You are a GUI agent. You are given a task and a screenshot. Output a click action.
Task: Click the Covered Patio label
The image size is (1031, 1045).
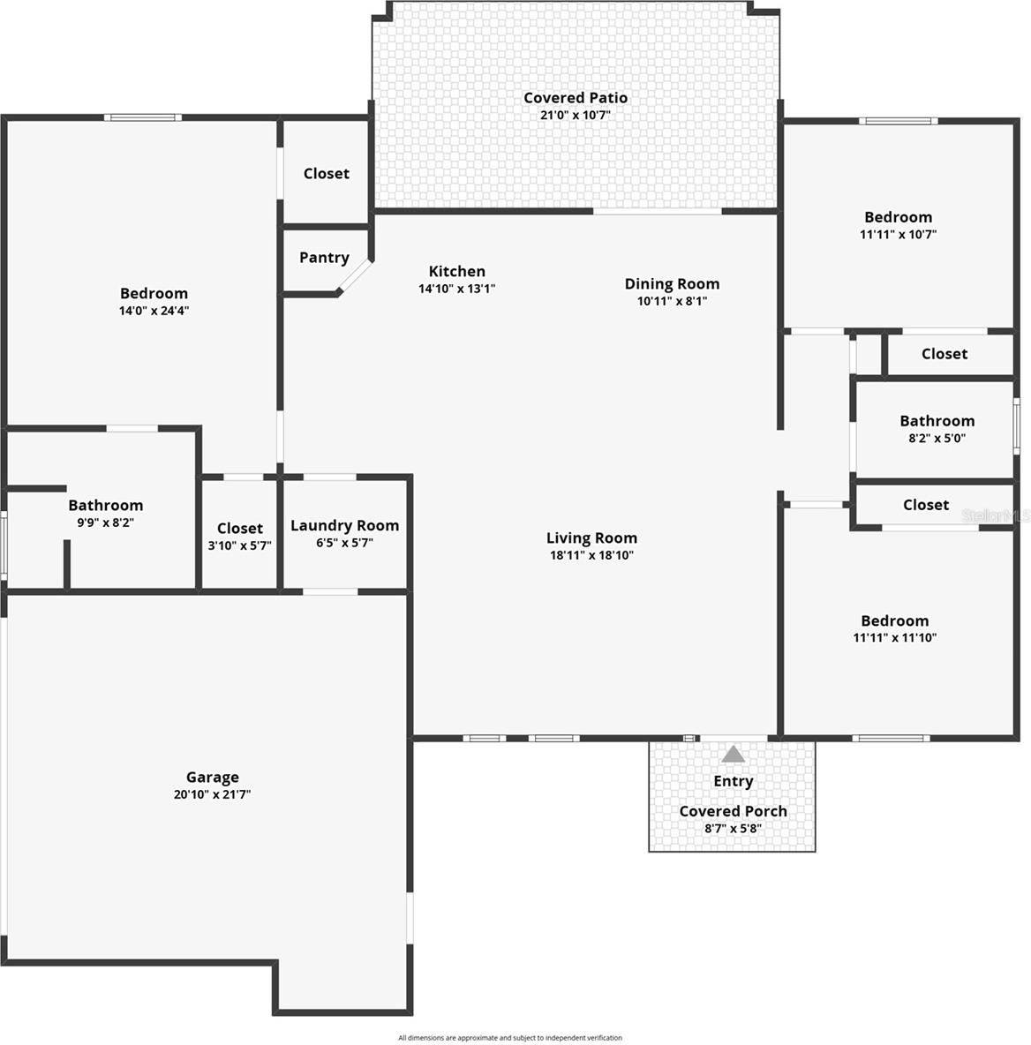pos(576,98)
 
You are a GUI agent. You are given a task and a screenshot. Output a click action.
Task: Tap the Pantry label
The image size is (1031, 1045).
pos(324,258)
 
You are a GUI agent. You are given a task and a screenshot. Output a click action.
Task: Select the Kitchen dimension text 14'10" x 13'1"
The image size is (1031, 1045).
pos(456,289)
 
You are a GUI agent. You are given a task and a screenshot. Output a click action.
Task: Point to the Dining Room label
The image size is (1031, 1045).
pos(672,283)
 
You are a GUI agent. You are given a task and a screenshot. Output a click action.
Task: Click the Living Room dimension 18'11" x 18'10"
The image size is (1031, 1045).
pos(591,555)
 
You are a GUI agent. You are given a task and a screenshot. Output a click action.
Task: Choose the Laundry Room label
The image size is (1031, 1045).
pos(344,525)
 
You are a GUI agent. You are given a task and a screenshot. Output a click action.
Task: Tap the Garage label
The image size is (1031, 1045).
pos(212,777)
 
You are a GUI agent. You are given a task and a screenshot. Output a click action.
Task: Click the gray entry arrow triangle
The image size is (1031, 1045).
pos(733,755)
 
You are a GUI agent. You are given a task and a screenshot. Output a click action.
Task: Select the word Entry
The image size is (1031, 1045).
pos(733,781)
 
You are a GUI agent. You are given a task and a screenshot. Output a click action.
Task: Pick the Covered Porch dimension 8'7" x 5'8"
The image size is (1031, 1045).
pos(733,829)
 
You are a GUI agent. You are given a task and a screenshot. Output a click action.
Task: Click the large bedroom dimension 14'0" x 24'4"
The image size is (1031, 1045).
pos(154,311)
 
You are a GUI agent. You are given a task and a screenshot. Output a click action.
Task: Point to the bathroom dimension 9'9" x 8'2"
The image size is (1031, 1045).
pos(105,522)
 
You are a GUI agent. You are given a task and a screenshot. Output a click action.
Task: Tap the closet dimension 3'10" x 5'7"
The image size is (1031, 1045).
pos(239,545)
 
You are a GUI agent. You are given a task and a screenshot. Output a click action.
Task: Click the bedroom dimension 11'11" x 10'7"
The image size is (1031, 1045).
pos(898,235)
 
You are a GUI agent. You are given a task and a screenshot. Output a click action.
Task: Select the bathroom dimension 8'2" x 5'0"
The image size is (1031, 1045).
pos(937,438)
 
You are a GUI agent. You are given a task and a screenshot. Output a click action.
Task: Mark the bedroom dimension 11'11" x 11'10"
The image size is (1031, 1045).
pos(894,637)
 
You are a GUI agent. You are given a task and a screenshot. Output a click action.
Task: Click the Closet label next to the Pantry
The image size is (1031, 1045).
pos(326,174)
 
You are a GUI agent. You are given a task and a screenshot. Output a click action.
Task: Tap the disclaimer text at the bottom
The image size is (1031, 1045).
pos(509,1038)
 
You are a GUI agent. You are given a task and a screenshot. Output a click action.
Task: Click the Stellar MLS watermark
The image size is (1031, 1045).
pos(996,515)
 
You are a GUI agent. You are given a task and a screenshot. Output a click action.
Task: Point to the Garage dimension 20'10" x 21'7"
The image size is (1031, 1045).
pos(212,794)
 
